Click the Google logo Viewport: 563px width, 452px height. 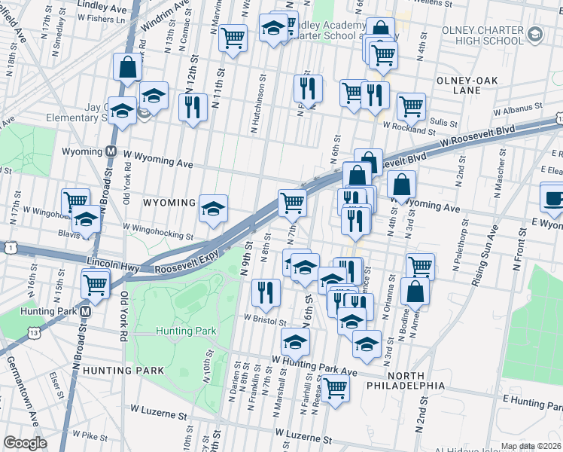(x=25, y=443)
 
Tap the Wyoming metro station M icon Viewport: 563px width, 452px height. (x=110, y=151)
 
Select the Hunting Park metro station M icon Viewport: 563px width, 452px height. (x=86, y=311)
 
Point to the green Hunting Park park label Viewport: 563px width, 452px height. (x=186, y=331)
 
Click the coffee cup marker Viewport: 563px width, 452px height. (x=554, y=197)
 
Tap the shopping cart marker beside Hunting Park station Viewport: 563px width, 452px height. (x=96, y=283)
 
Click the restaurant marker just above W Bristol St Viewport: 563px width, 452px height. (x=264, y=292)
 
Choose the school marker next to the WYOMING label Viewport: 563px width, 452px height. (x=214, y=207)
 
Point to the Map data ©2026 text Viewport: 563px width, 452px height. (x=531, y=446)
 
